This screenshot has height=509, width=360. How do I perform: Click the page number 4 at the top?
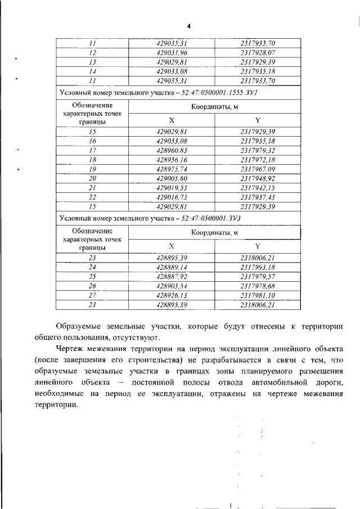coord(189,26)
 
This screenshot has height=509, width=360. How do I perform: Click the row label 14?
coord(93,71)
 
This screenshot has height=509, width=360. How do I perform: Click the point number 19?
coord(93,169)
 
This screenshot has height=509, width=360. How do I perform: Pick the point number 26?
coord(93,286)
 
